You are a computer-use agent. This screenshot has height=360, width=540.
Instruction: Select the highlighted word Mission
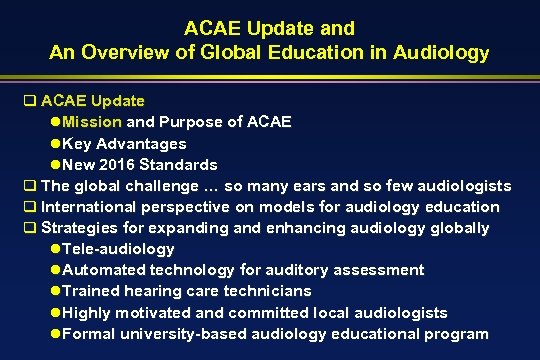[x=92, y=122]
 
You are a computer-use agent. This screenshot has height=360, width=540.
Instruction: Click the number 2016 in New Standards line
[x=131, y=164]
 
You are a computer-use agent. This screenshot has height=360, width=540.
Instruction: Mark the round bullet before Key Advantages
[x=55, y=143]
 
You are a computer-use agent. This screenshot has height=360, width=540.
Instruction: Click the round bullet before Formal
[x=55, y=333]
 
